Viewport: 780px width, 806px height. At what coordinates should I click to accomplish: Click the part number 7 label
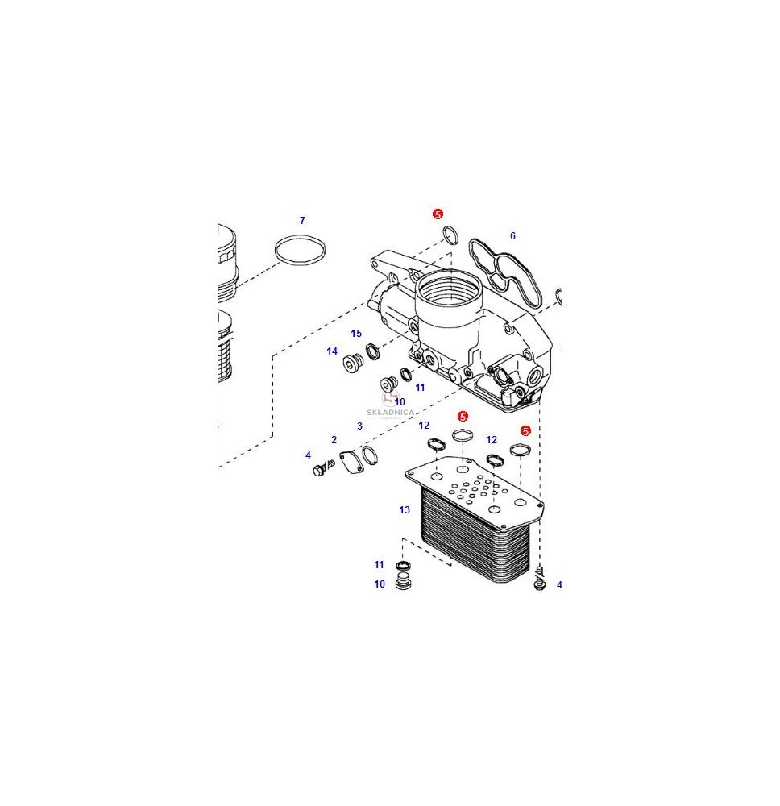pyautogui.click(x=302, y=221)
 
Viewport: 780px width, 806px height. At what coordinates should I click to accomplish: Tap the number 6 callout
pyautogui.click(x=512, y=236)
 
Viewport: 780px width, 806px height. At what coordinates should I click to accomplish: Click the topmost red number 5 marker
pyautogui.click(x=438, y=214)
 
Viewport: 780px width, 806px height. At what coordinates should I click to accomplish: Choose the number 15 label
pyautogui.click(x=356, y=334)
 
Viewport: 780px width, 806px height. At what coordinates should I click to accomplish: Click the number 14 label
pyautogui.click(x=332, y=351)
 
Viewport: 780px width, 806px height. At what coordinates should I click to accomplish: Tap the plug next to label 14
pyautogui.click(x=353, y=364)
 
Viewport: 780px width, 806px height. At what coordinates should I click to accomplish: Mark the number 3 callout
pyautogui.click(x=359, y=426)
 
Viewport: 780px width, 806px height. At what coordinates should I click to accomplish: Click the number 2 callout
pyautogui.click(x=334, y=440)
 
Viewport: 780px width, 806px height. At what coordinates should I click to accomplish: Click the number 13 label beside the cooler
pyautogui.click(x=405, y=510)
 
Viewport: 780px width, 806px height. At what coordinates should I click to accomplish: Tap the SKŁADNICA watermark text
pyautogui.click(x=391, y=412)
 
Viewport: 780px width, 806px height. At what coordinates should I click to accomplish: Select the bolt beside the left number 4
pyautogui.click(x=322, y=467)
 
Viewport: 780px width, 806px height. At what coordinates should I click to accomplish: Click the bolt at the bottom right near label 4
pyautogui.click(x=540, y=578)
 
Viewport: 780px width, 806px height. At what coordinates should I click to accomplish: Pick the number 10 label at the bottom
pyautogui.click(x=380, y=584)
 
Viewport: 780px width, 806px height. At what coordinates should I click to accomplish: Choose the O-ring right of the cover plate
pyautogui.click(x=369, y=455)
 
